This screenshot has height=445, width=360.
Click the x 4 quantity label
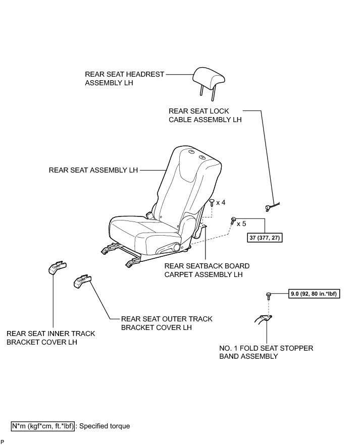pyautogui.click(x=221, y=203)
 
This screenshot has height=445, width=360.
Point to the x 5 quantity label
pyautogui.click(x=241, y=222)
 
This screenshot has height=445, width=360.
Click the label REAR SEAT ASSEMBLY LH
pyautogui.click(x=93, y=170)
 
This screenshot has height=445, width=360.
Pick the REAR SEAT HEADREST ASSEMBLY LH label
pyautogui.click(x=125, y=79)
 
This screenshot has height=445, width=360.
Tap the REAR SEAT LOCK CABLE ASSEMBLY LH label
pyautogui.click(x=205, y=115)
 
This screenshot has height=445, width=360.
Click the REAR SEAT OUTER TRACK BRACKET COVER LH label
pyautogui.click(x=167, y=323)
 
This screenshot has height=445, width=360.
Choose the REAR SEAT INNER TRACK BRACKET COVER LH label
pyautogui.click(x=50, y=338)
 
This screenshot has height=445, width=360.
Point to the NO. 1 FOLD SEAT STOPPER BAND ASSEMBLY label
pyautogui.click(x=266, y=352)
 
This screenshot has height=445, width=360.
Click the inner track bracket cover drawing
pyautogui.click(x=57, y=267)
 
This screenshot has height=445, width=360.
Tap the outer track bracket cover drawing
pyautogui.click(x=83, y=281)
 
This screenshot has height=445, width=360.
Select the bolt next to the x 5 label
pyautogui.click(x=233, y=220)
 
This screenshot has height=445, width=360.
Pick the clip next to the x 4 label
pyautogui.click(x=212, y=203)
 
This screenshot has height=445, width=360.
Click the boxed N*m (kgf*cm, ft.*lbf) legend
pyautogui.click(x=43, y=426)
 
